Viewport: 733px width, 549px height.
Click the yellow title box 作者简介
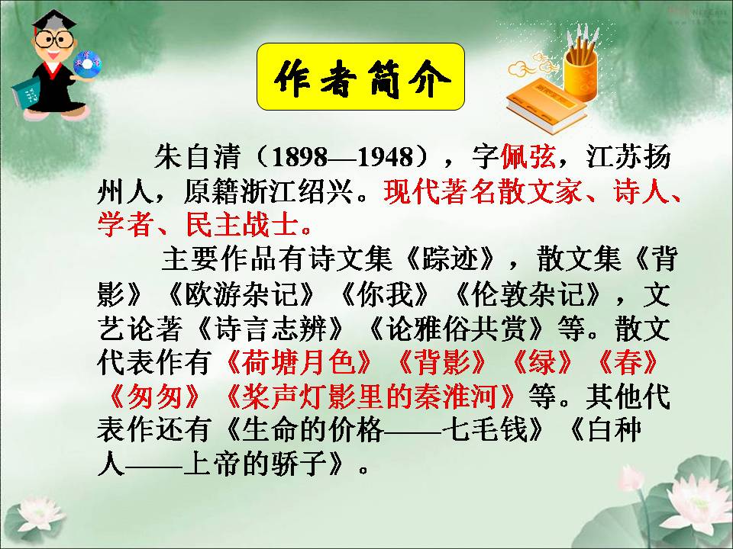pos(360,76)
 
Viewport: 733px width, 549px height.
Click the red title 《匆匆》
pos(155,396)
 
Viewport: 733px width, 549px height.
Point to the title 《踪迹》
pos(456,261)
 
